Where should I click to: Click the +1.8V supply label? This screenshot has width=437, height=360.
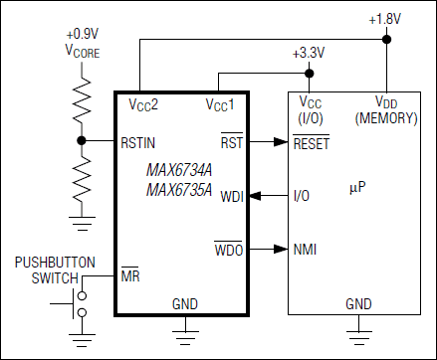[385, 20]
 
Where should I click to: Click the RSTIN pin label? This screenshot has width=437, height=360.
[138, 141]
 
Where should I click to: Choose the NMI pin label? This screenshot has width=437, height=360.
[303, 249]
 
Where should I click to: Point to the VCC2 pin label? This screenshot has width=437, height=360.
[143, 103]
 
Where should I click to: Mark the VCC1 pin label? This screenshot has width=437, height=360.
[221, 103]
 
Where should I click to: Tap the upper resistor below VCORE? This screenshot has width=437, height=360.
[83, 99]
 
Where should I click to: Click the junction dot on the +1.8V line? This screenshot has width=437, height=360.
[385, 41]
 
